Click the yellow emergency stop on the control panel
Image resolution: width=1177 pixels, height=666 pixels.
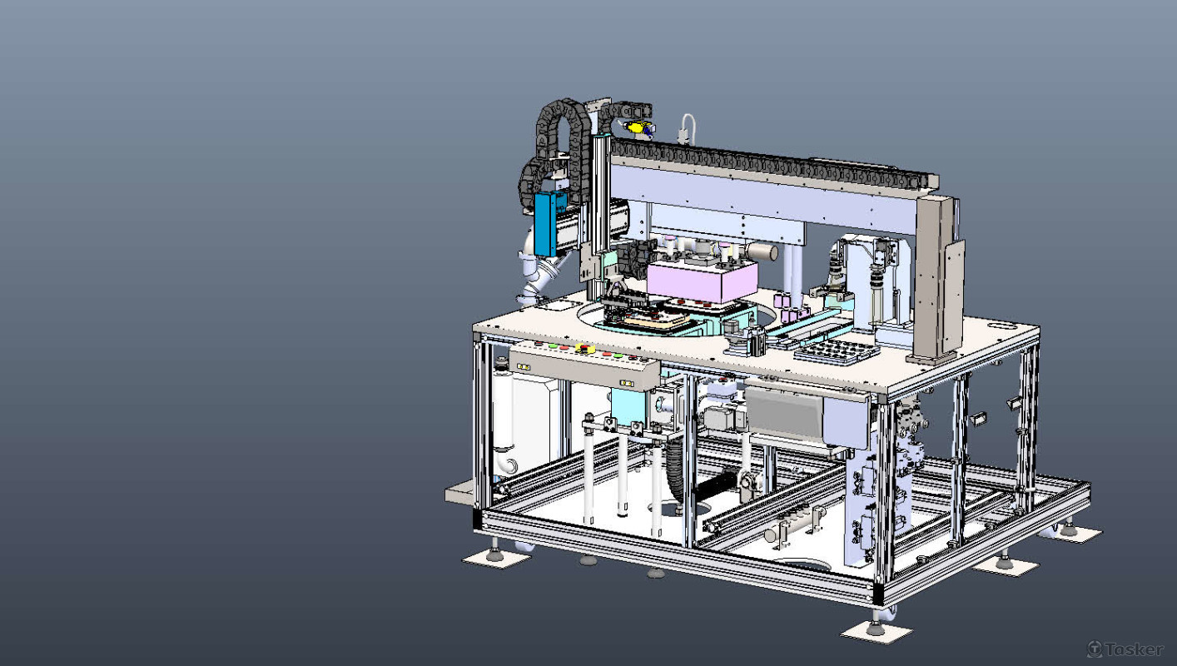click(585, 348)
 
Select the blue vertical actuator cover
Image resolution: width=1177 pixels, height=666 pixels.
click(545, 223)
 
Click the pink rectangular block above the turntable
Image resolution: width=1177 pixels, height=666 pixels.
click(703, 281)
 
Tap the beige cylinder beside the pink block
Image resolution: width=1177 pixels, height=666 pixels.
click(761, 251)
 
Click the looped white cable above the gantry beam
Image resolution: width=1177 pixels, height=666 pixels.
click(688, 128)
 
